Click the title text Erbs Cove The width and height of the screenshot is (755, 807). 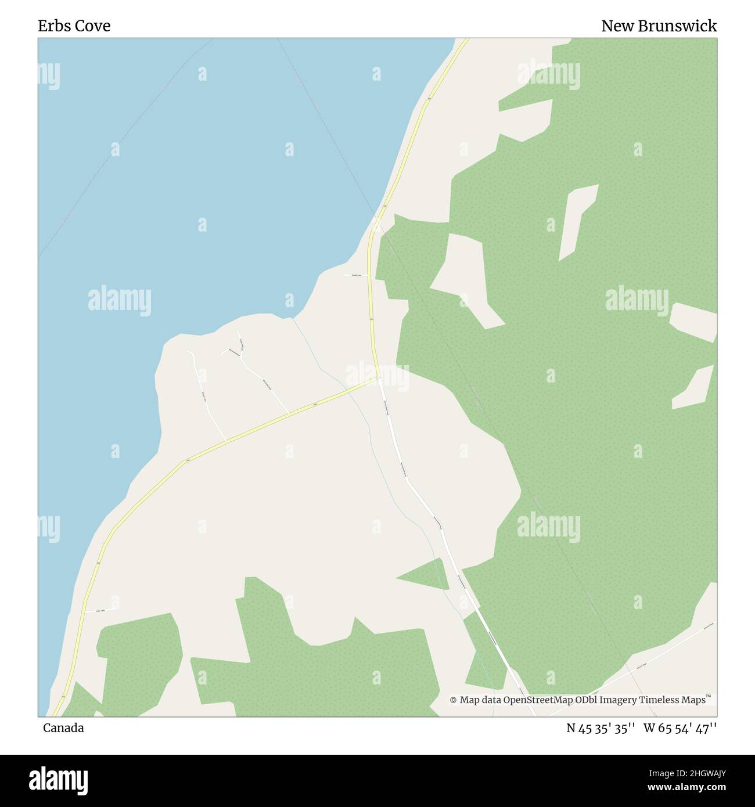pyautogui.click(x=74, y=26)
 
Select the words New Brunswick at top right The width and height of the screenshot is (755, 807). pyautogui.click(x=659, y=26)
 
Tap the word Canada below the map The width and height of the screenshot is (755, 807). pyautogui.click(x=63, y=728)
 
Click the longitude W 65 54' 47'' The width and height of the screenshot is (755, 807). pyautogui.click(x=679, y=728)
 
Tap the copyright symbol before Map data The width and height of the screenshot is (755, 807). pyautogui.click(x=454, y=700)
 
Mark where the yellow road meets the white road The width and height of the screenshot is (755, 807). pyautogui.click(x=378, y=379)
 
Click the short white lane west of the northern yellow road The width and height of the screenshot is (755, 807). pyautogui.click(x=355, y=275)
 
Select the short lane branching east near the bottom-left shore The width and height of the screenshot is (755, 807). pyautogui.click(x=102, y=610)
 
